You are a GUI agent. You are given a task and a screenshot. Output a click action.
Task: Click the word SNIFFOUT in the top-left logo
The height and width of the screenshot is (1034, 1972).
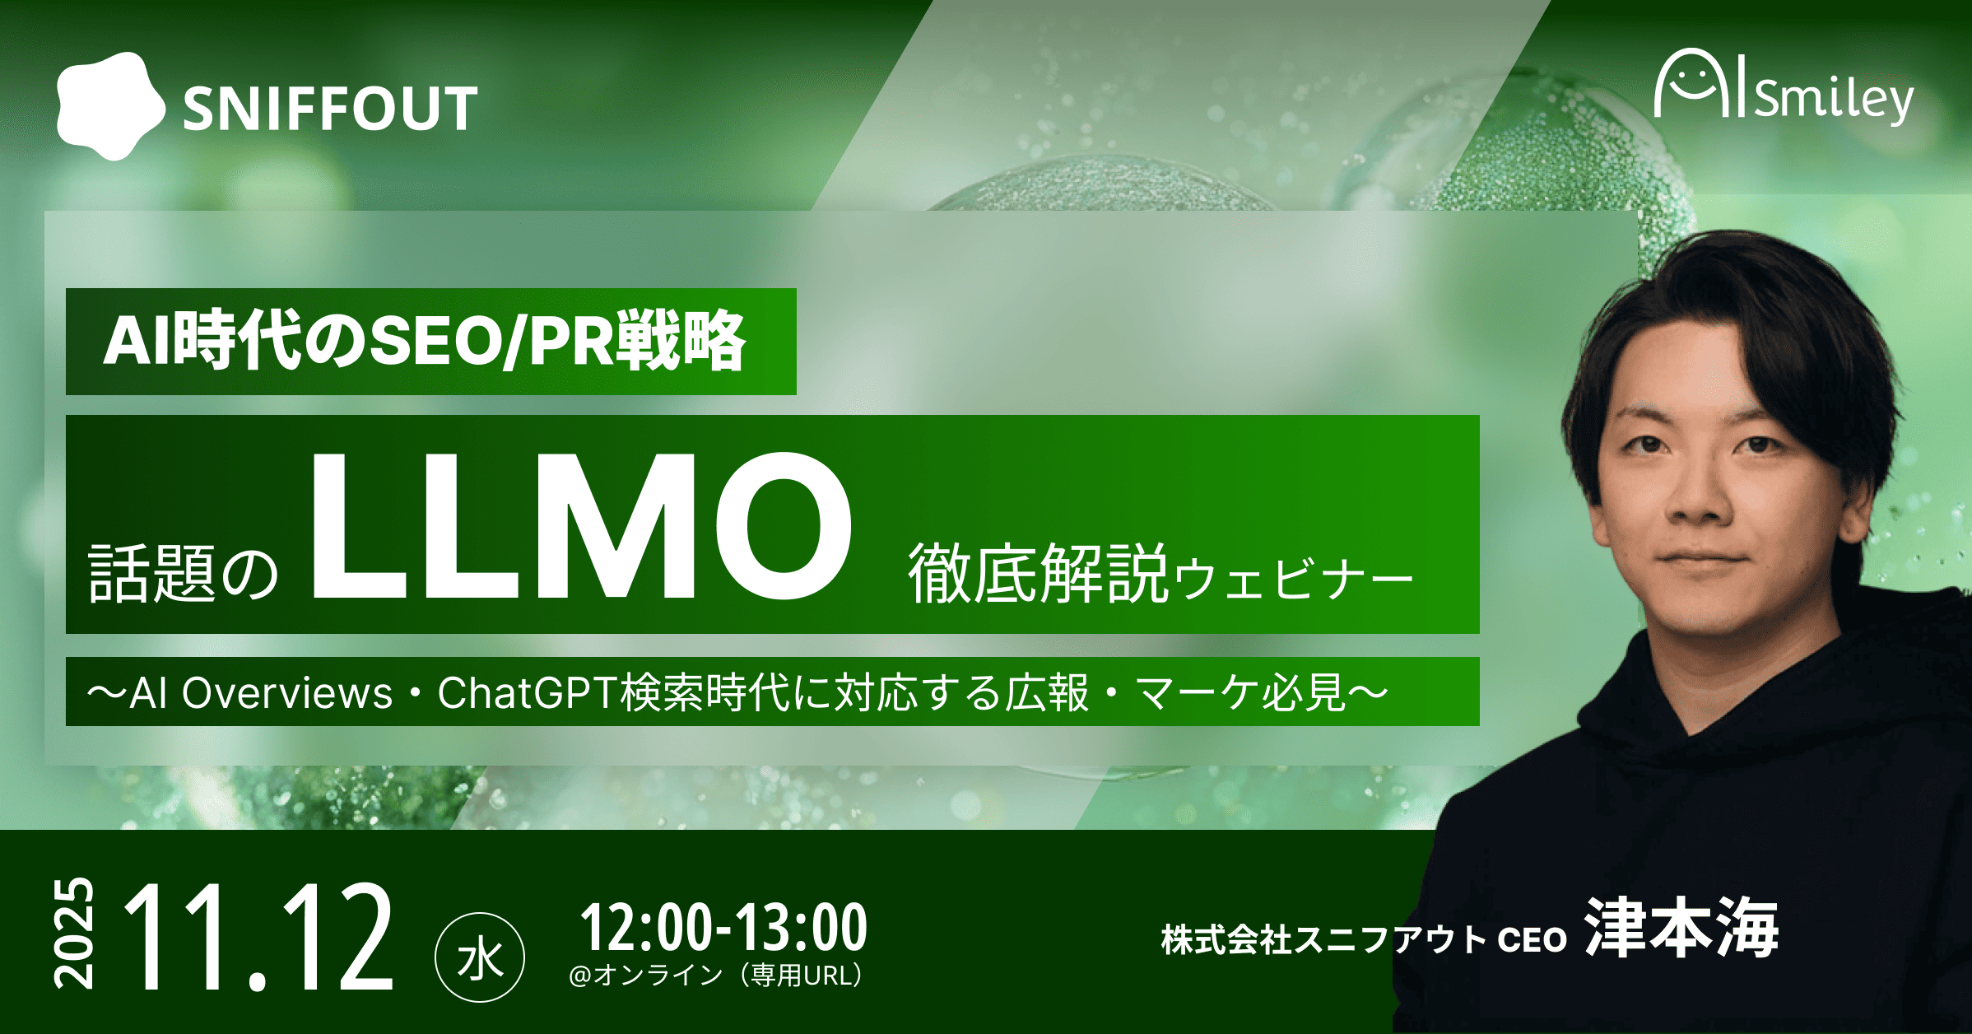[x=330, y=109]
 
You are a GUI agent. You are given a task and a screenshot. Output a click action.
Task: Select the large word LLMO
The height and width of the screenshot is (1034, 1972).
[x=581, y=525]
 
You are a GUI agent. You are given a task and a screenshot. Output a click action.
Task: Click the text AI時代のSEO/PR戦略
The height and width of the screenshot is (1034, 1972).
[x=425, y=341]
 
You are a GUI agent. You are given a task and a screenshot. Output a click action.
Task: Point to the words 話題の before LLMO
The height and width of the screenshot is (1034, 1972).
[x=184, y=573]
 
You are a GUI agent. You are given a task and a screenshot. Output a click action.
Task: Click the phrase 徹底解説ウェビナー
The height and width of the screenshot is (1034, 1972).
[x=1160, y=573]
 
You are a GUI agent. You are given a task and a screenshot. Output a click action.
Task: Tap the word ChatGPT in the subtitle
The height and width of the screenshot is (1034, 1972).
[x=528, y=692]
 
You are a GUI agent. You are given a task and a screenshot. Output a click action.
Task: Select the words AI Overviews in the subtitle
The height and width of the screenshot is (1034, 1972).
[x=261, y=692]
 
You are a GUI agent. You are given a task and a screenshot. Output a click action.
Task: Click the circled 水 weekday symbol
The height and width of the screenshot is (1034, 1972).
[x=480, y=957]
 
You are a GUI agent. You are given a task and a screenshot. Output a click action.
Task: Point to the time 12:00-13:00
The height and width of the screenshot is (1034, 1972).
[x=723, y=927]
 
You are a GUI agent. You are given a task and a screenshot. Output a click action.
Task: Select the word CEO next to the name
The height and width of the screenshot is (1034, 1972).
[x=1532, y=940]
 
